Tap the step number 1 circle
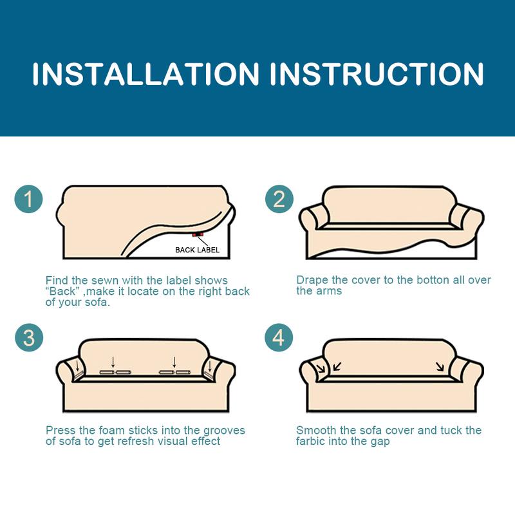[x=28, y=200]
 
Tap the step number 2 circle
[x=279, y=200]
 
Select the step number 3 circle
[x=28, y=337]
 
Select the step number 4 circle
[x=279, y=337]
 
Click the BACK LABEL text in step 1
[x=197, y=250]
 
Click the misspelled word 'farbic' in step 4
[x=312, y=441]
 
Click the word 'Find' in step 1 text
[x=56, y=280]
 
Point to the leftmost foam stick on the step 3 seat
[x=107, y=373]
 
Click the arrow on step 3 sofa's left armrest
[x=77, y=367]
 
